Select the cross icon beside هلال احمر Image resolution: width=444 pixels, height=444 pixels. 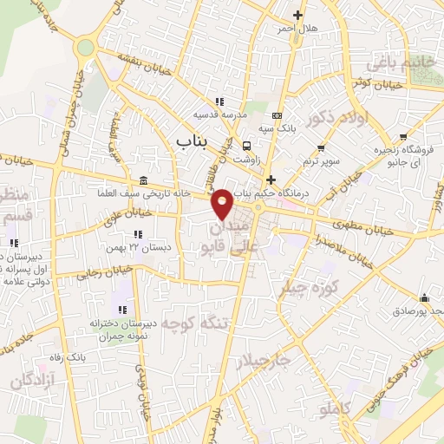297,15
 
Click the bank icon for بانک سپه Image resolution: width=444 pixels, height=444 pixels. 277,115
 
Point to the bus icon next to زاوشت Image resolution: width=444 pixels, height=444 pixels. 248,146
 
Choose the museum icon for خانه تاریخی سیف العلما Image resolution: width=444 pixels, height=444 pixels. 142,180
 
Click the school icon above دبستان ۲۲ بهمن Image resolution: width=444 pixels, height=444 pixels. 137,234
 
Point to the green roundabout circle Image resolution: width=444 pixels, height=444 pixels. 85,48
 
